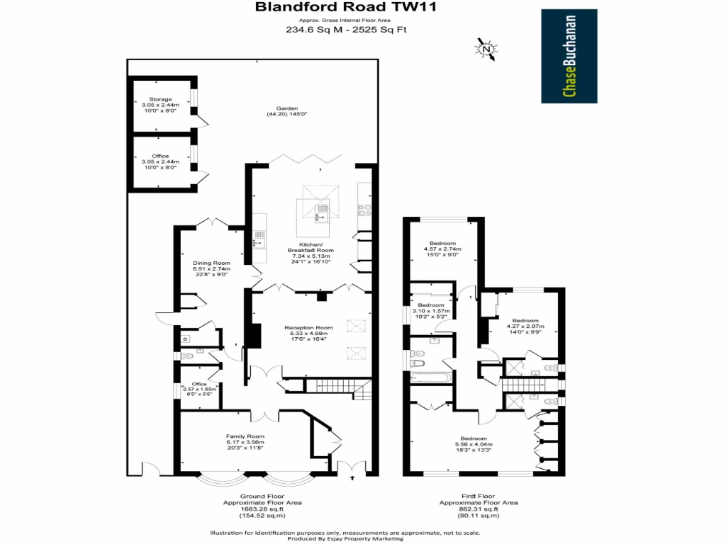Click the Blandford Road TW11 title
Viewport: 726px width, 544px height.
[346, 8]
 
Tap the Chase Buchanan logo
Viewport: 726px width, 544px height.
[569, 56]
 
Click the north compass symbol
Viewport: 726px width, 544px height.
[486, 49]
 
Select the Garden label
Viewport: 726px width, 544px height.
[286, 111]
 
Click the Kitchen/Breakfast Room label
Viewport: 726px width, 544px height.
[311, 251]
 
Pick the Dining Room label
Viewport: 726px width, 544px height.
[211, 269]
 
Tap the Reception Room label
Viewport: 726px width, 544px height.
[308, 333]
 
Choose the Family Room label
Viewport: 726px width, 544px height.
[245, 441]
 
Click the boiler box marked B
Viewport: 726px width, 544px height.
[186, 339]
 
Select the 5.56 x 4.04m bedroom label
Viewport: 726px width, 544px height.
[473, 443]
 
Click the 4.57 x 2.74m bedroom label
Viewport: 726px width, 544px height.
[442, 249]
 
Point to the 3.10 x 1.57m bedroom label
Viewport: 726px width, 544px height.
[430, 311]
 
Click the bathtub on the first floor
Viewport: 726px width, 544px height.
[430, 377]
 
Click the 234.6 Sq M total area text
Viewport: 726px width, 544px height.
[346, 30]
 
